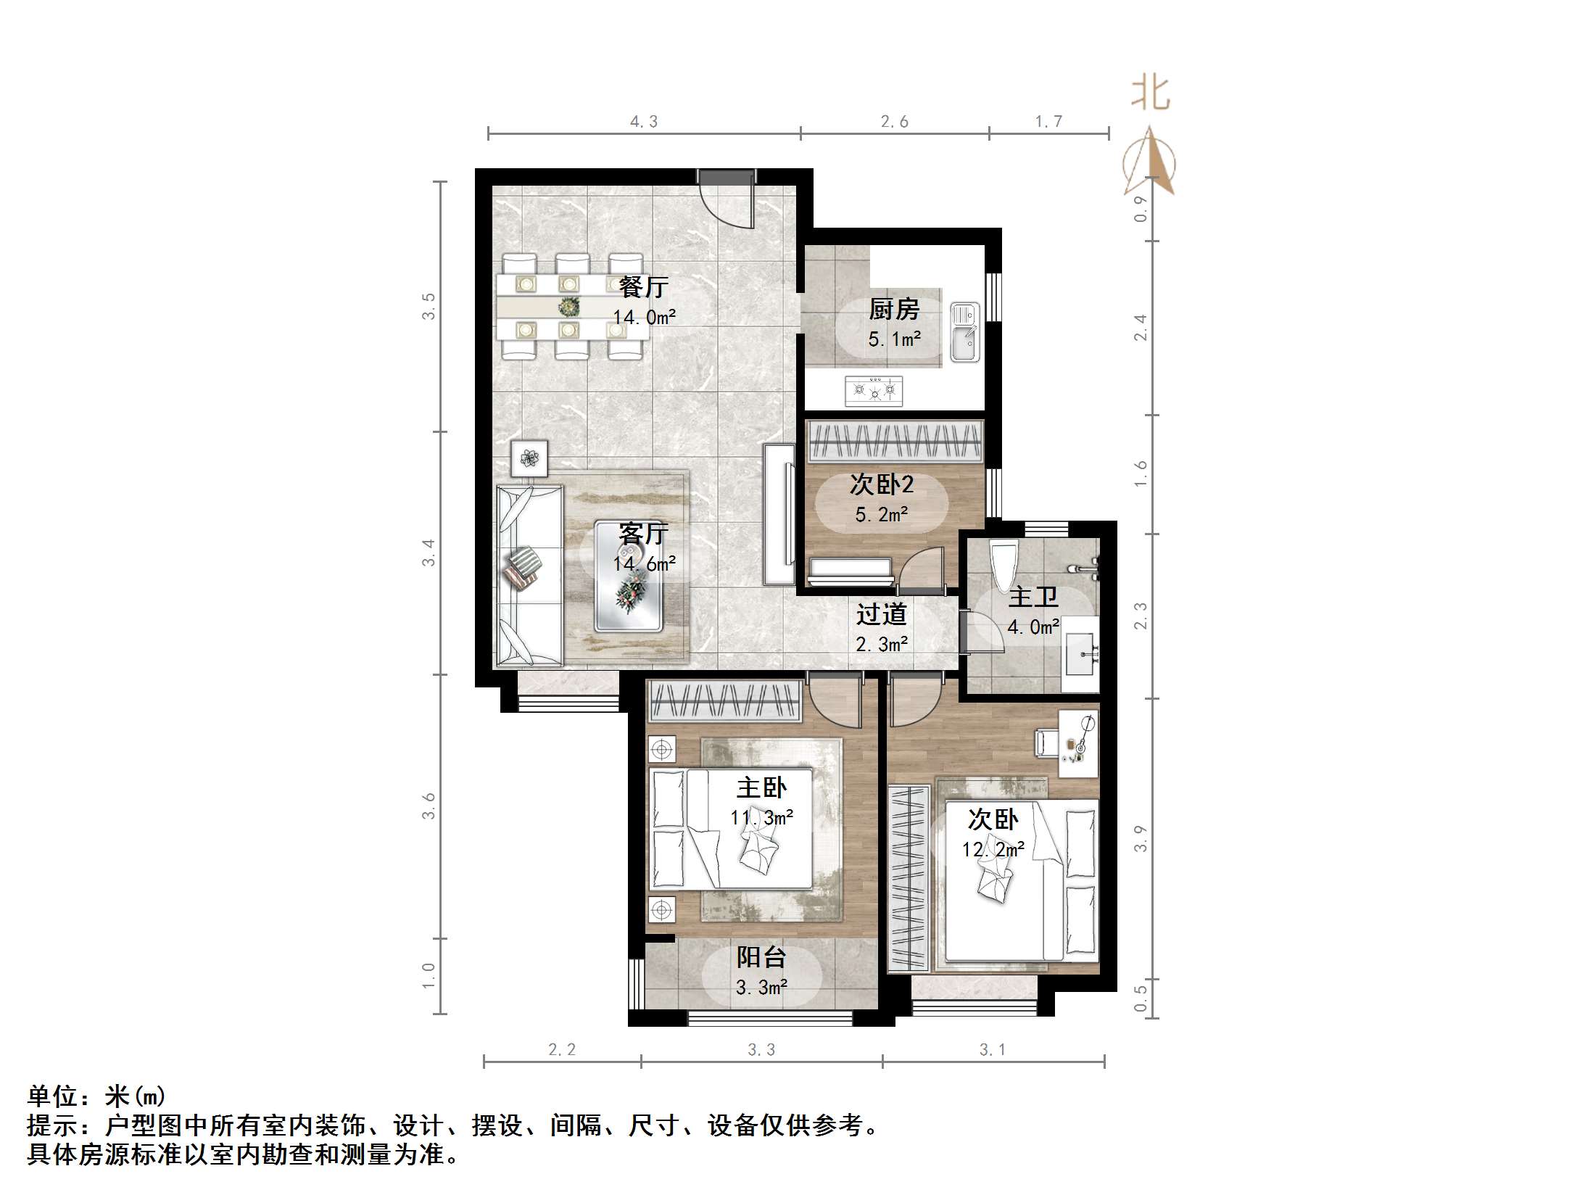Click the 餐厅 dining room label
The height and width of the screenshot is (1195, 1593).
click(x=643, y=287)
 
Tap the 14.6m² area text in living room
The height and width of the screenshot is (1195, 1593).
click(x=644, y=563)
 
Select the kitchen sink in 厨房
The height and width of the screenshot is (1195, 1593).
click(x=964, y=333)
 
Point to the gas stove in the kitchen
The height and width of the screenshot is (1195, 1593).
click(x=874, y=391)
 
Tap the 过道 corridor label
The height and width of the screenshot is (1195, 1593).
click(x=881, y=614)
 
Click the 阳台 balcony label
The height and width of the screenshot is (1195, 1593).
click(x=761, y=957)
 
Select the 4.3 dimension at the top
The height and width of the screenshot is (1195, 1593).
click(x=644, y=122)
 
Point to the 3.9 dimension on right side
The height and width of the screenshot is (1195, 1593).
click(x=1140, y=838)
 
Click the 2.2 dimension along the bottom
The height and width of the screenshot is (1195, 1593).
click(x=562, y=1049)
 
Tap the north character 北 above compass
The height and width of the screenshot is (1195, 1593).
click(x=1151, y=94)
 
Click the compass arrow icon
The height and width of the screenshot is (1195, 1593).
click(x=1150, y=163)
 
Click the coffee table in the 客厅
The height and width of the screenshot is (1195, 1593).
click(x=628, y=576)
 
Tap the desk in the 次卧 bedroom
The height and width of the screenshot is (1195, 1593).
click(x=1078, y=743)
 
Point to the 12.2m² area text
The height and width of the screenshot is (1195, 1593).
click(x=993, y=849)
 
